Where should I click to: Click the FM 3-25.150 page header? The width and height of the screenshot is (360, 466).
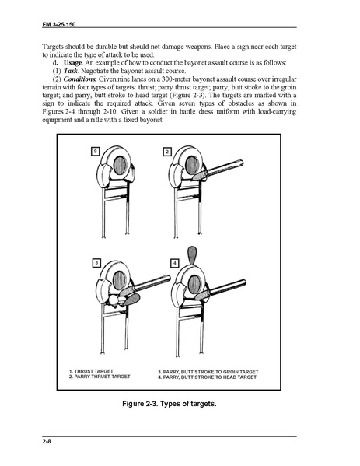[59, 24]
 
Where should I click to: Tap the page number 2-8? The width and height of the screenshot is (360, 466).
[47, 441]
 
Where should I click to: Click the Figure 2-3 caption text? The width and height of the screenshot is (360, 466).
[170, 404]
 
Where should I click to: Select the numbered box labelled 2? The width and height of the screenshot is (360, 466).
[167, 152]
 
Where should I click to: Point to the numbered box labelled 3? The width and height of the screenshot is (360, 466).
[96, 263]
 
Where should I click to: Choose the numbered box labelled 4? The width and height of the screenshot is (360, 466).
[175, 263]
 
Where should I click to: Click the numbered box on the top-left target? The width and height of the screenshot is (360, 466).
[95, 152]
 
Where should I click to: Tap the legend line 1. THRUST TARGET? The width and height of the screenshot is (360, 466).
[91, 371]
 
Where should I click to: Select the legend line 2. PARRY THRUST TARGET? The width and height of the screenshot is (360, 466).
[100, 377]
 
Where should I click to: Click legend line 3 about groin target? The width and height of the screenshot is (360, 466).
[208, 372]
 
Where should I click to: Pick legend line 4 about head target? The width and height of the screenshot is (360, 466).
[207, 377]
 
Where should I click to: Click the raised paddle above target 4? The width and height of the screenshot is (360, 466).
[192, 255]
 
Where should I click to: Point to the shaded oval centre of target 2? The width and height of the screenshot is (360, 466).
[191, 165]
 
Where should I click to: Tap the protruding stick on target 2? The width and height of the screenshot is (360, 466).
[218, 170]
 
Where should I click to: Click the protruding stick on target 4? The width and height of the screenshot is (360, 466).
[220, 289]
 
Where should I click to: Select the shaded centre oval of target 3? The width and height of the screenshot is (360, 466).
[119, 281]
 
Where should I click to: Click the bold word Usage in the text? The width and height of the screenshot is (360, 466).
[72, 63]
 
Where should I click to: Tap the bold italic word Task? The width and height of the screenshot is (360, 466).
[71, 71]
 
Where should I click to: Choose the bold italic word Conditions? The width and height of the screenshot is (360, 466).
[79, 79]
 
